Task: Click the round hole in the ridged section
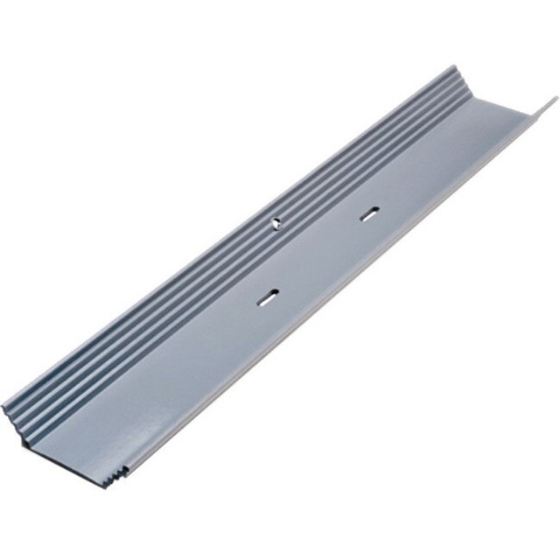point(276,222)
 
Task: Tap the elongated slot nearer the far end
point(370,213)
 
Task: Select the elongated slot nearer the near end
point(268,297)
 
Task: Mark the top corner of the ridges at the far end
point(453,68)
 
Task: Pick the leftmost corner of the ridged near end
point(4,408)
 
